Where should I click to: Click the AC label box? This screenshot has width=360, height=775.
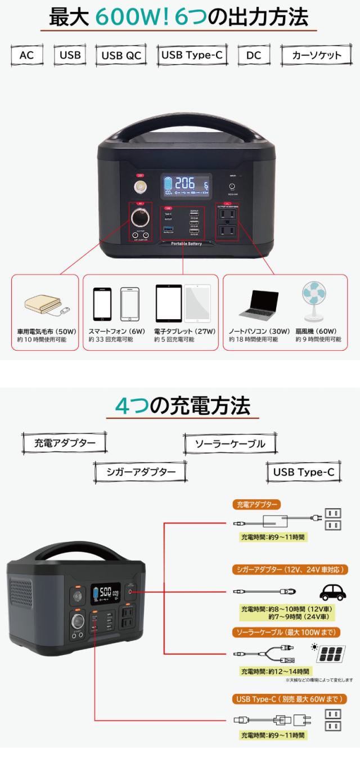(x=27, y=56)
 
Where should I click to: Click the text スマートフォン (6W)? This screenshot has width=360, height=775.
(x=116, y=331)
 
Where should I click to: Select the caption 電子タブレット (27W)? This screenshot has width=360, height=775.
(x=184, y=331)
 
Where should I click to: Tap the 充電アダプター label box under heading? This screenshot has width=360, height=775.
(x=64, y=442)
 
